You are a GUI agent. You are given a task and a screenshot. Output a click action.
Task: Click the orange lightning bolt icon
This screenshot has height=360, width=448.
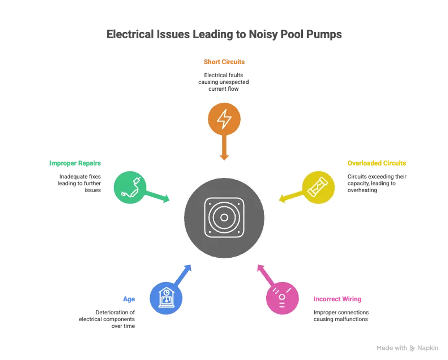tap(224, 119)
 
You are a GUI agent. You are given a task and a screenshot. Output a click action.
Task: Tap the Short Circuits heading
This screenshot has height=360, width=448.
tap(224, 62)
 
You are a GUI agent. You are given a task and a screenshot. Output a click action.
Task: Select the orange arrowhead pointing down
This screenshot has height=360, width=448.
tap(224, 158)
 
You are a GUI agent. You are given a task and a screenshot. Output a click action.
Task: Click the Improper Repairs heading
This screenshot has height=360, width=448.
tap(75, 163)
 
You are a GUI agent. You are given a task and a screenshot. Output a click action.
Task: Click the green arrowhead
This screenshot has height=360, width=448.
tap(167, 198)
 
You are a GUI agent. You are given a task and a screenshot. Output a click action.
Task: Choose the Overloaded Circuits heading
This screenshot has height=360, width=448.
tap(377, 163)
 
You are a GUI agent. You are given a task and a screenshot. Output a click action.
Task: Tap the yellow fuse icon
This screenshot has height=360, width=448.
tap(318, 187)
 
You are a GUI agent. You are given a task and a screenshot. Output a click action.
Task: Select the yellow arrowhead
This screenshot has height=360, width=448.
tap(282, 198)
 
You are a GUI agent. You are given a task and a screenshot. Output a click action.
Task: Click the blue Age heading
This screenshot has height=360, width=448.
tap(129, 299)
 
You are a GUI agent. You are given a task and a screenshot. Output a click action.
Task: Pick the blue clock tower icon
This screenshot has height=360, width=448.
tap(166, 298)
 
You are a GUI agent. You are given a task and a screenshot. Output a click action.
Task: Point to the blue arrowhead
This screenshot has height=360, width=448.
tap(188, 268)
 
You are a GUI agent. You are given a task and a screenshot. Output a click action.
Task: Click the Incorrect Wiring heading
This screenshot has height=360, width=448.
tap(337, 299)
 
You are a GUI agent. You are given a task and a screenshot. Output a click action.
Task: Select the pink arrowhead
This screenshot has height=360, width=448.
tap(261, 268)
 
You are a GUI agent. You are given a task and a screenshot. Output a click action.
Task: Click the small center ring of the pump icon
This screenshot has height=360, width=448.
tap(224, 218)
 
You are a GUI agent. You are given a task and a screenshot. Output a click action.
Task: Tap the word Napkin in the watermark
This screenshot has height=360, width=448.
tap(427, 348)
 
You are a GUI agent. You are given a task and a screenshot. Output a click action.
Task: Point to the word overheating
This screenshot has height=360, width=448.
tap(362, 190)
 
